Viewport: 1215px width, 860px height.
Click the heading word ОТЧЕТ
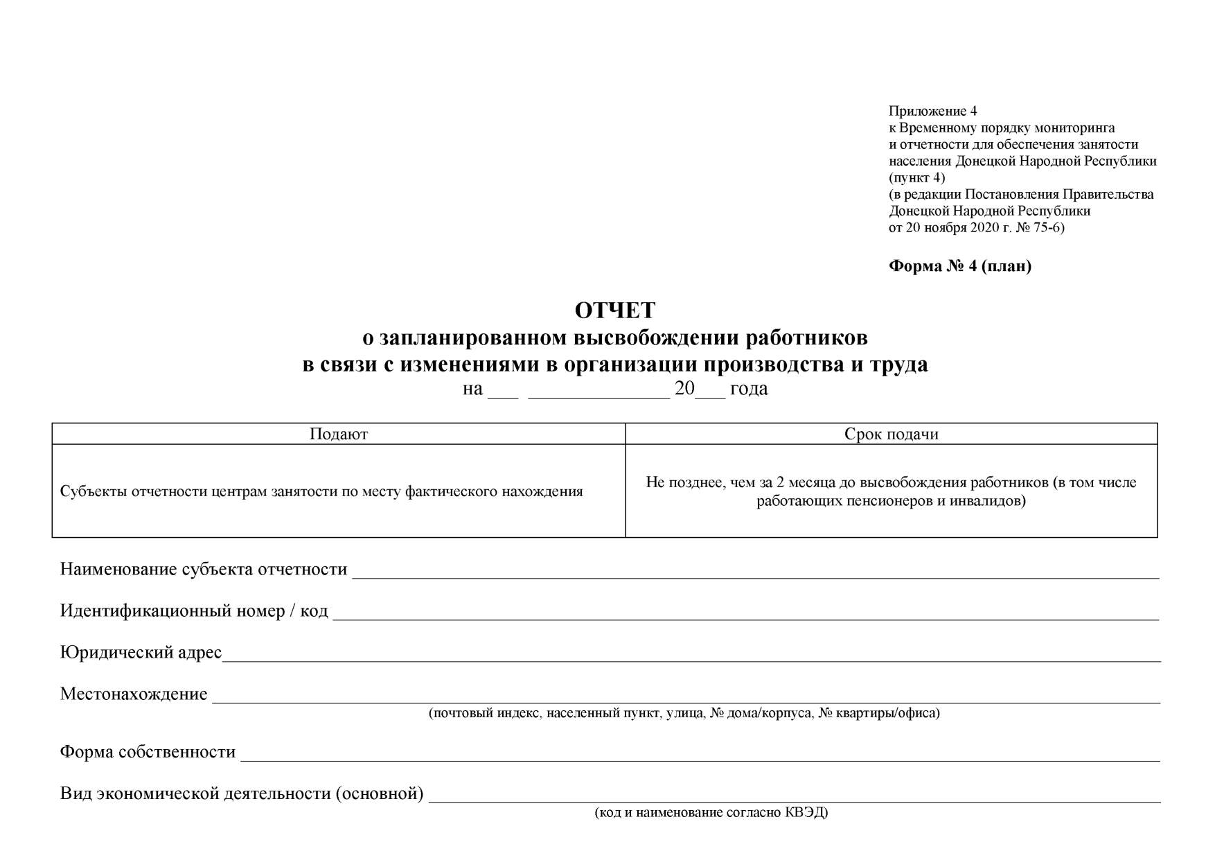pos(614,311)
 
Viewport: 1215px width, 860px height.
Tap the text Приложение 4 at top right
pos(932,112)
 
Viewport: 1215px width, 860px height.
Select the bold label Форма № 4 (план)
pos(960,266)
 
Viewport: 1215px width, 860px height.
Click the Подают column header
pos(338,435)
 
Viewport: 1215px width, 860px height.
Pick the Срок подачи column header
pos(891,435)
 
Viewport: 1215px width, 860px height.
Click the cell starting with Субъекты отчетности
pos(321,492)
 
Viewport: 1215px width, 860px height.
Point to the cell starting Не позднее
pos(891,491)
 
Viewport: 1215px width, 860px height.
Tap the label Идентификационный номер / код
pos(194,611)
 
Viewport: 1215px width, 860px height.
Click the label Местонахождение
pos(134,694)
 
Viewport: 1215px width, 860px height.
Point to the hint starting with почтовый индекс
pos(684,713)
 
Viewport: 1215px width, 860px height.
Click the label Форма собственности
pos(148,753)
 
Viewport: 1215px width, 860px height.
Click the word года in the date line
pos(749,389)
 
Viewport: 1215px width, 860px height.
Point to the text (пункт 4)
pos(916,177)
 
